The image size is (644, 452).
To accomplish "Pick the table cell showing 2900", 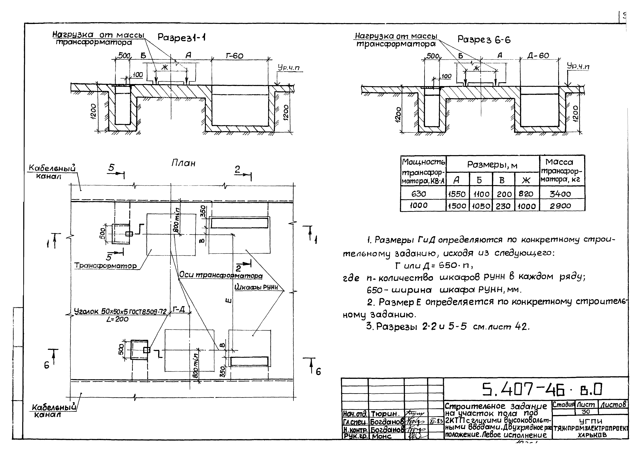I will click(x=560, y=206).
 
